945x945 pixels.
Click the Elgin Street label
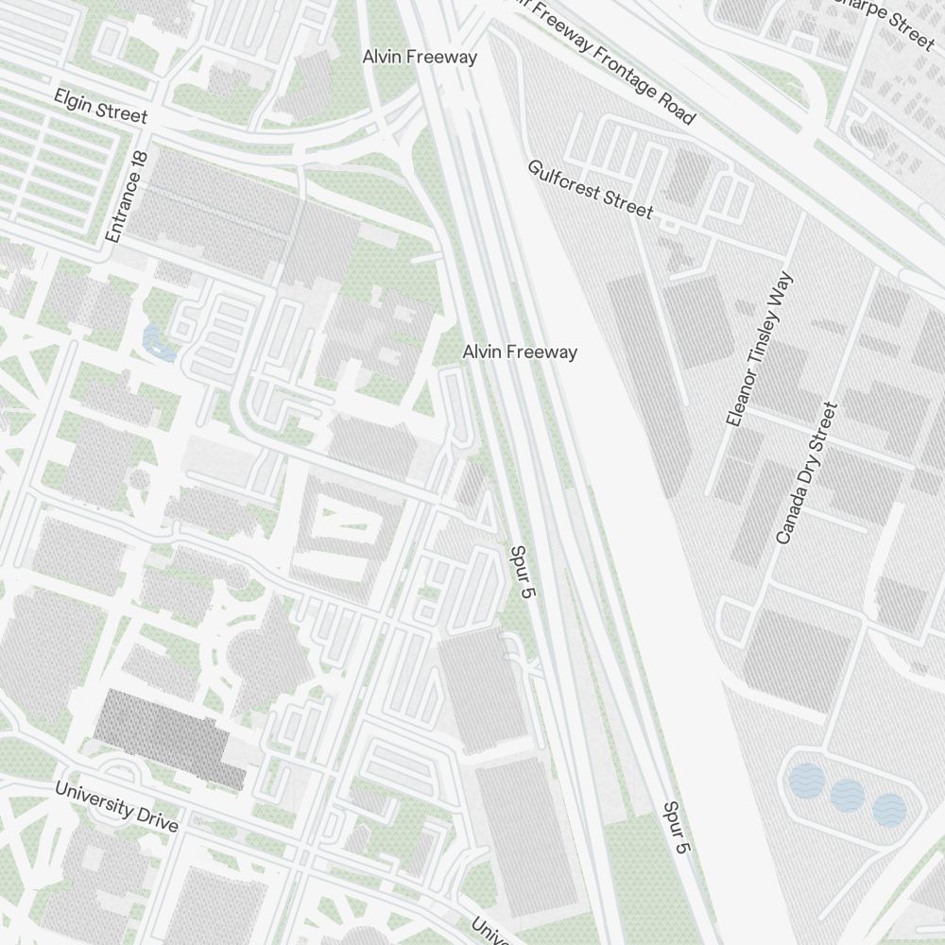point(101,106)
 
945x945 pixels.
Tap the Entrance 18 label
point(129,197)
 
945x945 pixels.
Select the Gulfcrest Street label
point(591,189)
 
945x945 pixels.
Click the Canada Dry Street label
point(806,472)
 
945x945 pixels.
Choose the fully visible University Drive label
point(116,806)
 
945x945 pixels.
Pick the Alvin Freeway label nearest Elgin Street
point(420,57)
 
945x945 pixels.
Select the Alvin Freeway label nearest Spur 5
point(520,352)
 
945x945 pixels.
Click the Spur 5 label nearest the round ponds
point(677,828)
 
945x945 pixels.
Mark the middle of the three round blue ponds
point(848,795)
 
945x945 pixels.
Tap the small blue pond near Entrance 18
point(159,342)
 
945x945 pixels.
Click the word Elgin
point(74,99)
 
